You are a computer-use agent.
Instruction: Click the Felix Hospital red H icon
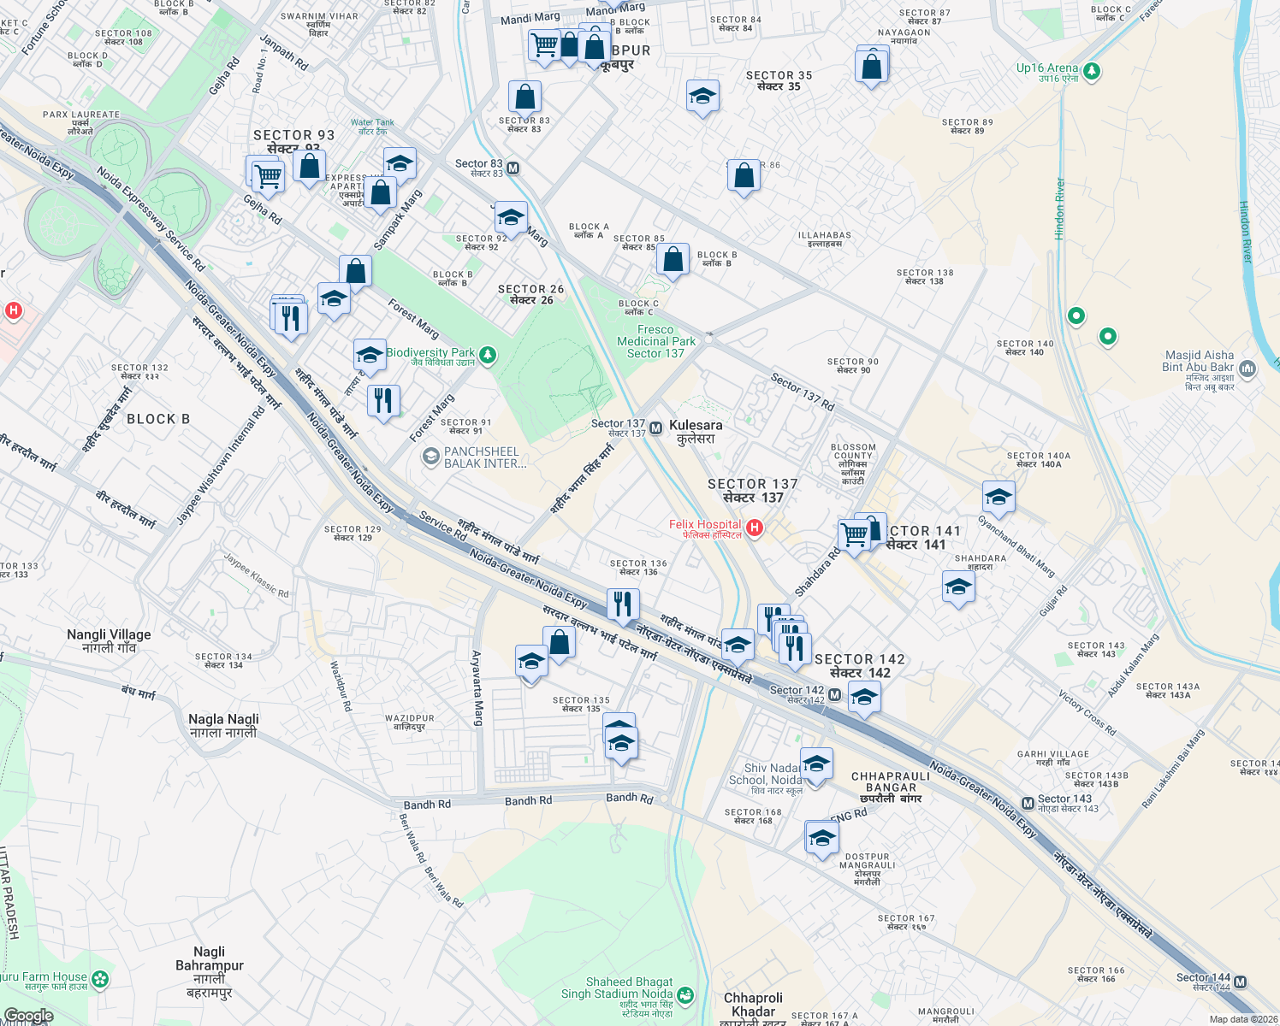tap(754, 528)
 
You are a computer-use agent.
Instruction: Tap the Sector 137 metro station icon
tap(655, 428)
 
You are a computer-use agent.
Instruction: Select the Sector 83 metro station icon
tap(513, 168)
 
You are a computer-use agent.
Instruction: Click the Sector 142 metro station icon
tap(834, 695)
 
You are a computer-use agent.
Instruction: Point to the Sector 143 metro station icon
tap(1028, 804)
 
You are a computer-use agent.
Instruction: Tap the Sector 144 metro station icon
tap(1241, 982)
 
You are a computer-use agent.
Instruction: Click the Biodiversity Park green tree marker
tap(488, 355)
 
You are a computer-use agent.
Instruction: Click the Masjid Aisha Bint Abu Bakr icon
tap(1247, 369)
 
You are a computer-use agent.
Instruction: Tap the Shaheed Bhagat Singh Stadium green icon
tap(684, 995)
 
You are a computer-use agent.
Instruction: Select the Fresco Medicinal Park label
tap(656, 341)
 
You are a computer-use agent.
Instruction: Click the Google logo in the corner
tap(28, 1016)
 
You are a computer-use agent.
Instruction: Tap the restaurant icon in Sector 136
tap(623, 603)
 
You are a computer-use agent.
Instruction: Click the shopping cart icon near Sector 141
tap(854, 535)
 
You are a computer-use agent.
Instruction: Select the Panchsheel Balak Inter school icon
tap(430, 457)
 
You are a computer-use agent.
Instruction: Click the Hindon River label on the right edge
tap(1246, 231)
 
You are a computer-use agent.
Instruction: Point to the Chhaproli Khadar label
tap(753, 1005)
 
